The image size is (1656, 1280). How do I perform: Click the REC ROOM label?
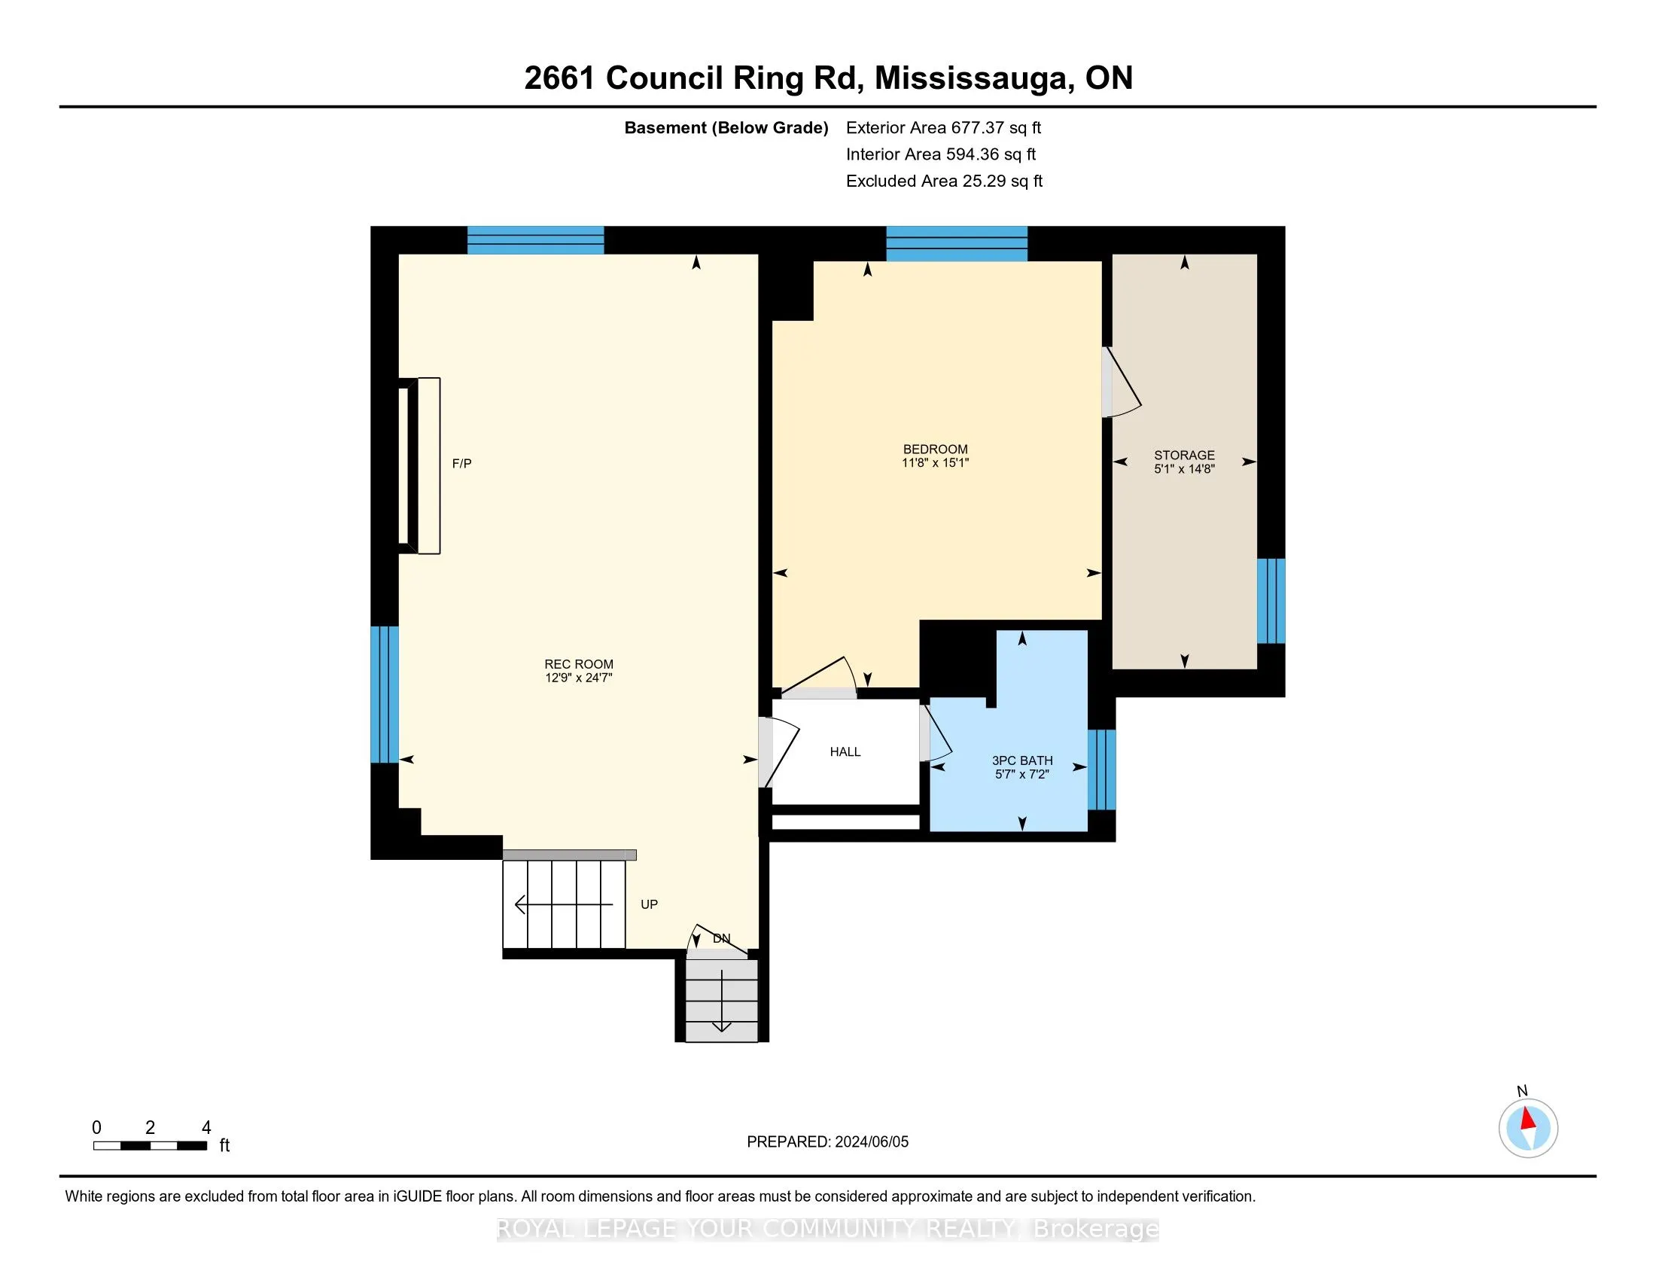point(579,664)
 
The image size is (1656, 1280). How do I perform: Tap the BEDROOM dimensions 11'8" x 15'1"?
point(935,462)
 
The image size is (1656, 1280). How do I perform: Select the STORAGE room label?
point(1184,455)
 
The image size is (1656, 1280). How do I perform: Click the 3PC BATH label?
point(1022,760)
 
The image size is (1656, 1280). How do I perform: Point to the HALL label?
point(845,751)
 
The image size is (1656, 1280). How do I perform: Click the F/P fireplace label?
point(461,463)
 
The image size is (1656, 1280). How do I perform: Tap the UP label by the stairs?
point(649,904)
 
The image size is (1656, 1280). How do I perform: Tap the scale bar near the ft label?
point(150,1145)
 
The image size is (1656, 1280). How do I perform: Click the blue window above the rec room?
point(535,239)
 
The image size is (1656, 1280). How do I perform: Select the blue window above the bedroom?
point(957,242)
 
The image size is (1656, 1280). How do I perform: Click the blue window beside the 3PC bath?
point(1102,770)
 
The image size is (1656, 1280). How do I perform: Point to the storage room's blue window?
point(1271,601)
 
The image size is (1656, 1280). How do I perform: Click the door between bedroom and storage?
point(1121,382)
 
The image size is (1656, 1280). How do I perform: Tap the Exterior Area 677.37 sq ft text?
point(943,127)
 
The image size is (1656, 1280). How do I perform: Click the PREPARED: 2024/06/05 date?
point(827,1141)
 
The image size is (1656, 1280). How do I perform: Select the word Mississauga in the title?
point(973,78)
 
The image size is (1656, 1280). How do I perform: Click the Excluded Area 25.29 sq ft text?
point(944,181)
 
